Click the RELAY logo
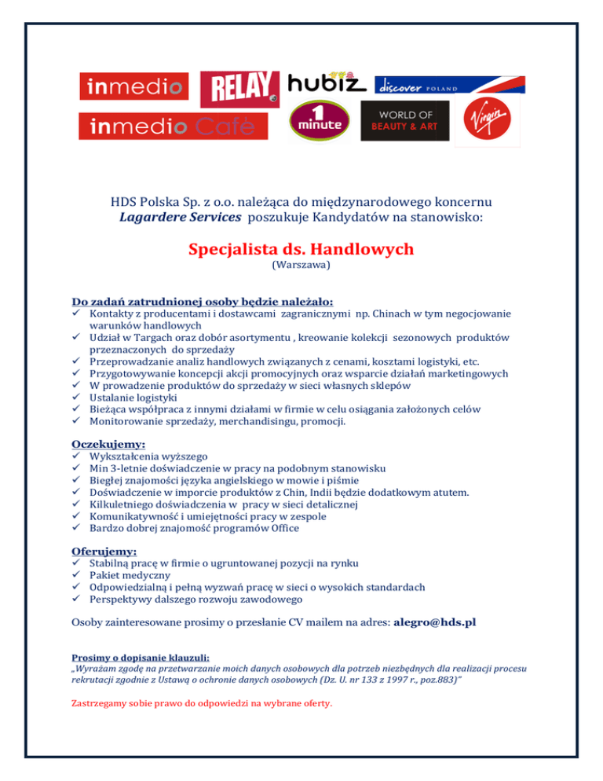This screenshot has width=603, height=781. [x=240, y=89]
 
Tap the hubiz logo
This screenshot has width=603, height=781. [x=327, y=82]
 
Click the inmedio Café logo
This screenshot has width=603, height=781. [x=166, y=125]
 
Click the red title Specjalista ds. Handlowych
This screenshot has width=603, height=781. [x=301, y=249]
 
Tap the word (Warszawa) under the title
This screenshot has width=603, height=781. [x=301, y=266]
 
